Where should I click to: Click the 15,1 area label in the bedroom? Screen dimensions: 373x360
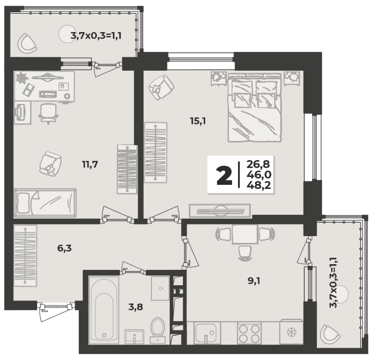point(198,121)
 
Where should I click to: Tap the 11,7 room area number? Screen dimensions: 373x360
point(90,164)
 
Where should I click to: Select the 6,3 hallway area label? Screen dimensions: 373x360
point(65,248)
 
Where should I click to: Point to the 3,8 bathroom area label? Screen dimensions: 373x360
point(136,307)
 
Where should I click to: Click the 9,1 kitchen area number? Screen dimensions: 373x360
point(254,281)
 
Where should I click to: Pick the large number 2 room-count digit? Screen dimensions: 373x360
point(224,176)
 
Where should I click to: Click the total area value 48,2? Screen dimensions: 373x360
point(259,185)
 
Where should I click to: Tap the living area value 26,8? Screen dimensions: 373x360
point(258,164)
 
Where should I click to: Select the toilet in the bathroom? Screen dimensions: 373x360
point(158,330)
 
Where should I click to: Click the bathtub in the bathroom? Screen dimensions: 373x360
point(104,310)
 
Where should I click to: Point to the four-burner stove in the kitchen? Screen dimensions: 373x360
point(249,333)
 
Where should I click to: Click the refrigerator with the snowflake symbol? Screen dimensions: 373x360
point(291,332)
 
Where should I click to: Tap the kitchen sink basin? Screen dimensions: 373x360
point(206,333)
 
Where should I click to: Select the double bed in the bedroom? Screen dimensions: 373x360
point(254,108)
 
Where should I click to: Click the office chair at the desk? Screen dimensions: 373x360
point(48,114)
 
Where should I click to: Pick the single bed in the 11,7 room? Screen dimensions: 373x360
point(45,203)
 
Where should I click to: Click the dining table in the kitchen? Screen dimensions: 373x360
point(245,234)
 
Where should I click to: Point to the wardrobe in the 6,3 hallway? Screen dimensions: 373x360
point(25,256)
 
